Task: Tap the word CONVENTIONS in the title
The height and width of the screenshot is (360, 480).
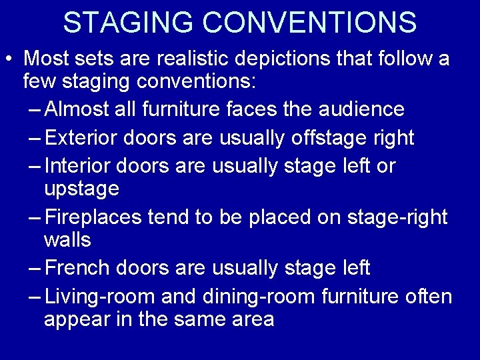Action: (x=309, y=23)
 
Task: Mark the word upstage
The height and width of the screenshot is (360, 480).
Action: (x=81, y=189)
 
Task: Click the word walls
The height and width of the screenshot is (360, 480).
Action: (x=67, y=239)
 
